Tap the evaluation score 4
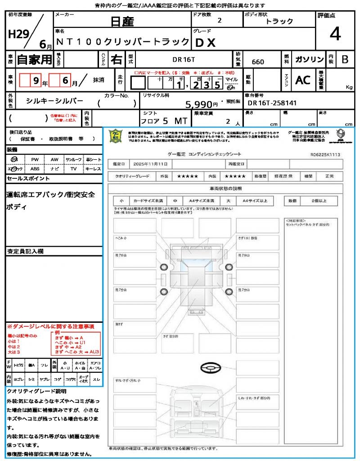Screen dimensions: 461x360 pos(334,34)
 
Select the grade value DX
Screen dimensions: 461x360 pos(205,42)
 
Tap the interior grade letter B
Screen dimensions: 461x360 pos(345,59)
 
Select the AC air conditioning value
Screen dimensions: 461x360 pos(303,80)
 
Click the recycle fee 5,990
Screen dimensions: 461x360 pos(202,104)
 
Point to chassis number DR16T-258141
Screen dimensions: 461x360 pos(273,103)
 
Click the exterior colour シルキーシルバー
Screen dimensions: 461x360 pos(54,102)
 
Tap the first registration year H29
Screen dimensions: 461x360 pos(18,34)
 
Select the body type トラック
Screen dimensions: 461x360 pos(279,21)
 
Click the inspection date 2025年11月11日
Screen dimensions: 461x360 pos(153,163)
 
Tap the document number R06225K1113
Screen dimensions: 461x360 pos(325,154)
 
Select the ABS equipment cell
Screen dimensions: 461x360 pos(35,169)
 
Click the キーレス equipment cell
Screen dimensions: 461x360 pos(93,169)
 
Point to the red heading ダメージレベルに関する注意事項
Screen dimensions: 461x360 pos(50,326)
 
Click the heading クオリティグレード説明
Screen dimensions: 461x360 pos(36,391)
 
